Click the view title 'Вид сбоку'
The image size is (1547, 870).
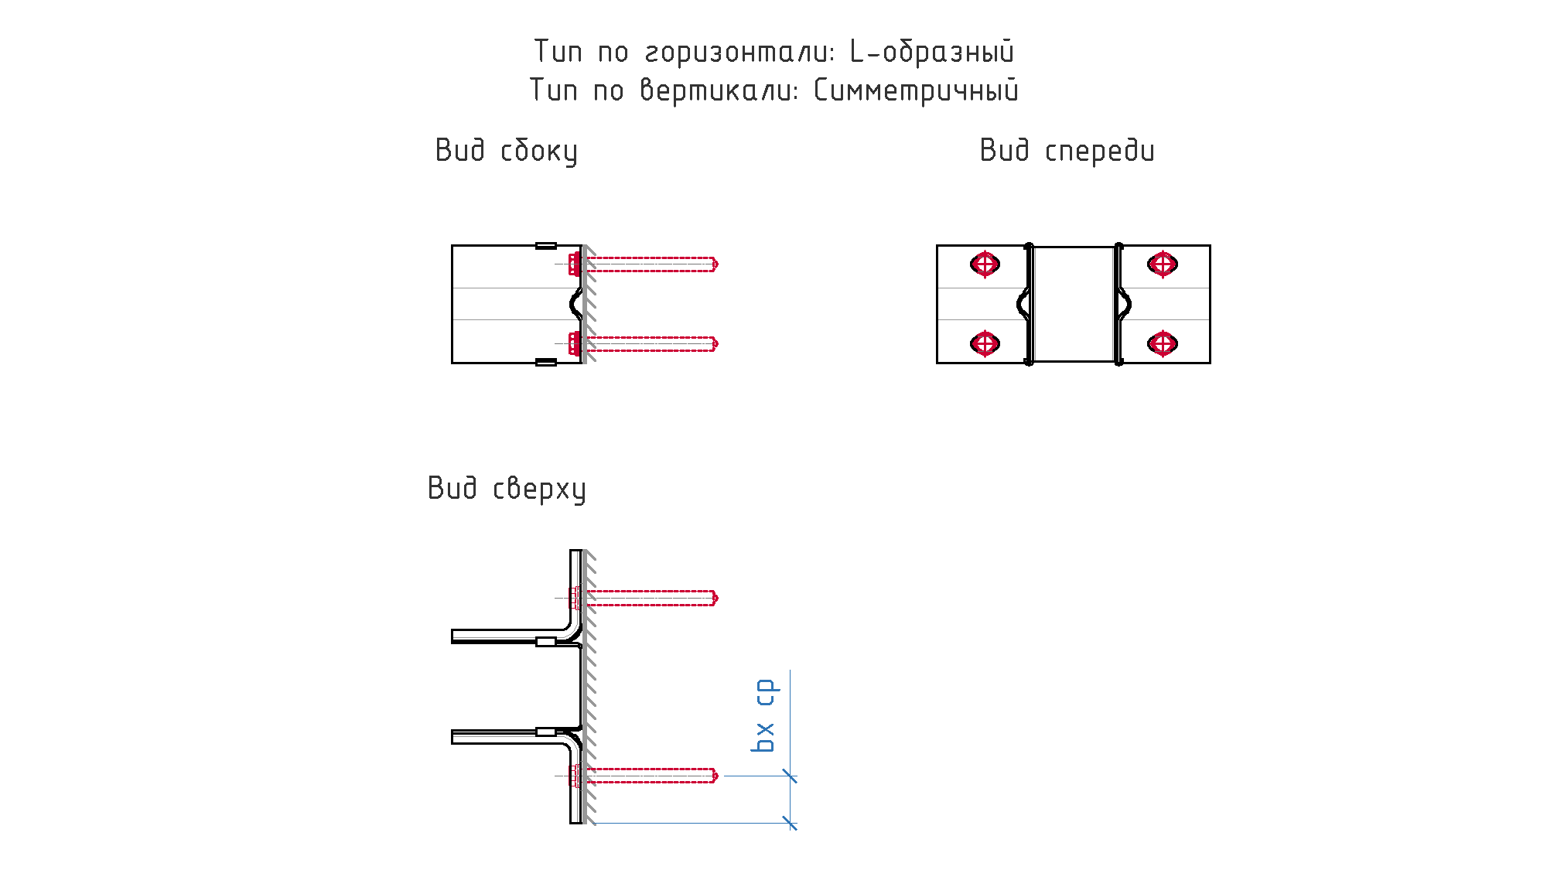pos(507,151)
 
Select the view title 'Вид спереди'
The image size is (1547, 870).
pos(1067,151)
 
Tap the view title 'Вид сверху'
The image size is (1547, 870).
pos(507,489)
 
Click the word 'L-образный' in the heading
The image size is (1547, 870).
pos(932,52)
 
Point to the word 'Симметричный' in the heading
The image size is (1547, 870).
pos(917,90)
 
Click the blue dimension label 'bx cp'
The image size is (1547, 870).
pos(764,715)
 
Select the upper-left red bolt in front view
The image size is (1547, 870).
pos(985,264)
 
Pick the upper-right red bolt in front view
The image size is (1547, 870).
pos(1163,264)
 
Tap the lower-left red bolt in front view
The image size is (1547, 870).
pos(985,343)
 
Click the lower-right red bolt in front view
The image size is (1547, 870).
pos(1163,343)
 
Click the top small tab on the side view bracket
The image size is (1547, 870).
pos(546,246)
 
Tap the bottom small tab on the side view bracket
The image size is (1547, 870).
pos(546,362)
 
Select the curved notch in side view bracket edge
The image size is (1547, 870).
pos(575,304)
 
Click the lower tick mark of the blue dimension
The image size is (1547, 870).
pos(790,823)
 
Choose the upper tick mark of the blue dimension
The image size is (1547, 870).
pos(790,776)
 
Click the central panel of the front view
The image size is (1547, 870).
pos(1074,304)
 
